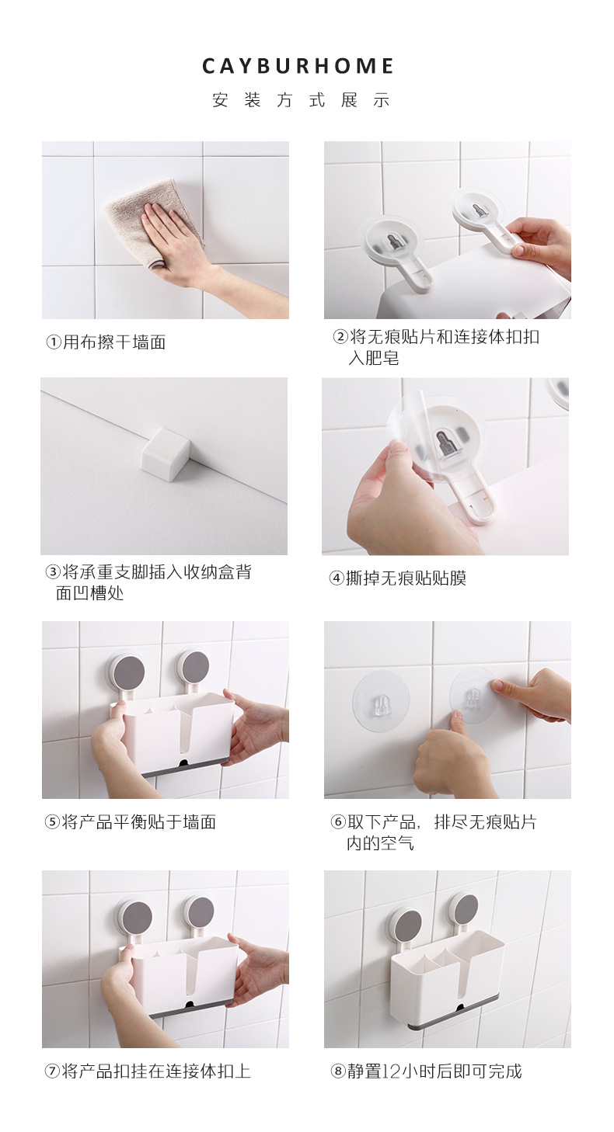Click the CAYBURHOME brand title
click(298, 67)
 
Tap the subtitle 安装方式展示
click(300, 101)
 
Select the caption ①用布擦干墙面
click(105, 342)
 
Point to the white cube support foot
click(165, 453)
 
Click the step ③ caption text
click(148, 582)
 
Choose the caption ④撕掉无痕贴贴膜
click(397, 578)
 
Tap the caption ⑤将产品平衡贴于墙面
click(130, 822)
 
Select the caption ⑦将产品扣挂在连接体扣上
click(147, 1071)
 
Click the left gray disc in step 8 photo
click(406, 923)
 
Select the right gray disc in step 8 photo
click(465, 908)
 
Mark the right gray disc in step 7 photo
click(200, 912)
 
